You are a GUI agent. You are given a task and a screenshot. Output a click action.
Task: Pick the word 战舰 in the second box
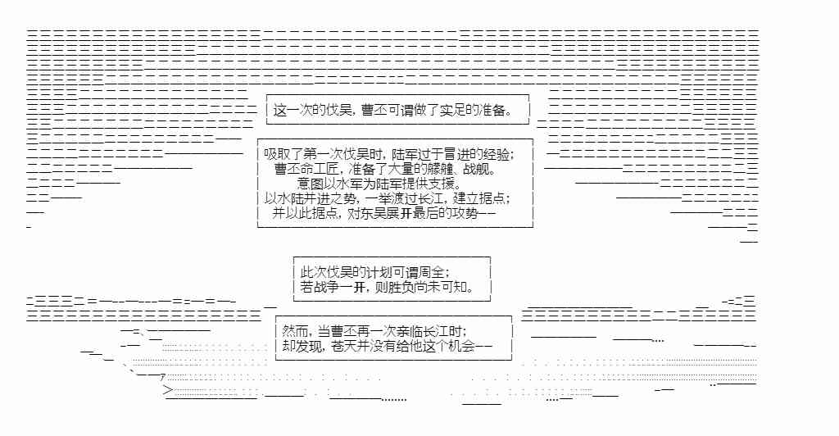(x=478, y=169)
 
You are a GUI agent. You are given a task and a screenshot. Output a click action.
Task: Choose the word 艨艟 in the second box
(x=439, y=169)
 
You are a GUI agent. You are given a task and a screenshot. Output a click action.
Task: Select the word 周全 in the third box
(x=434, y=271)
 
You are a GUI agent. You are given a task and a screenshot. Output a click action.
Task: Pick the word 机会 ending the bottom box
(x=461, y=345)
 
